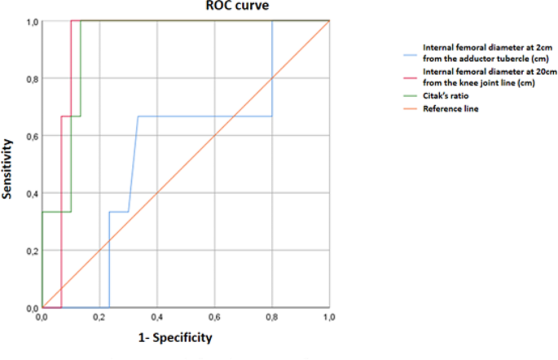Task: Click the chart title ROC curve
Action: pyautogui.click(x=237, y=7)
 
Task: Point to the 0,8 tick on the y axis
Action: pyautogui.click(x=31, y=79)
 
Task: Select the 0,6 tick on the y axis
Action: pyautogui.click(x=31, y=136)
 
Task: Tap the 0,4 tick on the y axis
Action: pyautogui.click(x=31, y=194)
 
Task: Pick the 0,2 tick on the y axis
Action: pyautogui.click(x=31, y=251)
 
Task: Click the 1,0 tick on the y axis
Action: pyautogui.click(x=31, y=22)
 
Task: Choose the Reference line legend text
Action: pyautogui.click(x=450, y=108)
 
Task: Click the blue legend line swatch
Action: pyautogui.click(x=411, y=56)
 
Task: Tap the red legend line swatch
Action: pyautogui.click(x=411, y=78)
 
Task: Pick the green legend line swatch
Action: pyautogui.click(x=411, y=96)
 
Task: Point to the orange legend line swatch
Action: pyautogui.click(x=411, y=108)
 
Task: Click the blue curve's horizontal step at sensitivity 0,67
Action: pyautogui.click(x=204, y=116)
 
